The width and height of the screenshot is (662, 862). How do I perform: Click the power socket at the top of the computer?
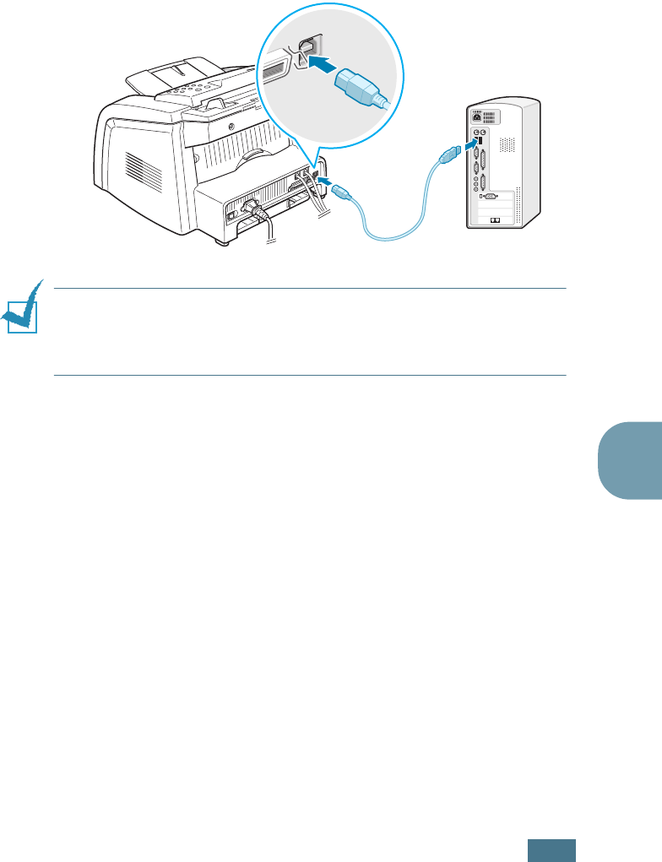480,119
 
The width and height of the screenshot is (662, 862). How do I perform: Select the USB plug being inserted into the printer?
340,192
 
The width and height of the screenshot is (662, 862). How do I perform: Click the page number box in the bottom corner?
552,849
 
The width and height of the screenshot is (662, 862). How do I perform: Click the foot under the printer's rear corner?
223,243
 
